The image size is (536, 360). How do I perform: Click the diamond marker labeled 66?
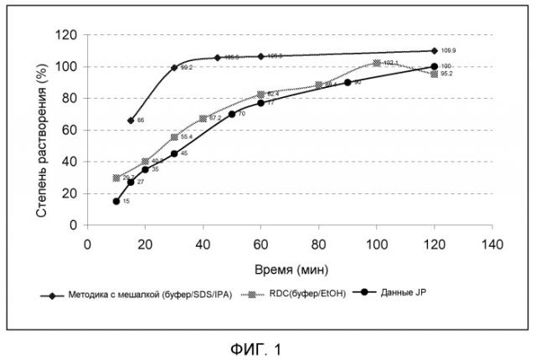click(131, 121)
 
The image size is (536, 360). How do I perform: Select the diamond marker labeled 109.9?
click(434, 51)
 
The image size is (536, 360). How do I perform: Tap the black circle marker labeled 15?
click(116, 201)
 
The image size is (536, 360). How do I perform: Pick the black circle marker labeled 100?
click(434, 66)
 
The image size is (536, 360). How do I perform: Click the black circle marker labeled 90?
click(348, 82)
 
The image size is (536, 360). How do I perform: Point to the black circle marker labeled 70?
click(232, 114)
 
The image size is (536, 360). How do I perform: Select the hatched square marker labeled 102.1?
click(377, 63)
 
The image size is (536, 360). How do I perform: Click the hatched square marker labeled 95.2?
click(434, 74)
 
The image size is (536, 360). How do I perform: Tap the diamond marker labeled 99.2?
click(174, 68)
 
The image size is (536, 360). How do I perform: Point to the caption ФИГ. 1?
click(266, 346)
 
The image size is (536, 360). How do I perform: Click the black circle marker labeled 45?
click(174, 153)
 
